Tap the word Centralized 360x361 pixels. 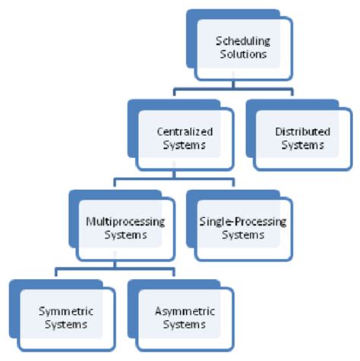pos(183,131)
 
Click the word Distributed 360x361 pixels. pos(302,131)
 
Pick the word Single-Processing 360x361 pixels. pos(242,221)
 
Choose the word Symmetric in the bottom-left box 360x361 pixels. pos(63,312)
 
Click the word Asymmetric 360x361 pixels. pos(183,312)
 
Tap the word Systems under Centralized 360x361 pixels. pos(183,144)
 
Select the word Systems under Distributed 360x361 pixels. pos(302,144)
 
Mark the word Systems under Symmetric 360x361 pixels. pos(63,325)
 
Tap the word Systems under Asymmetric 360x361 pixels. pos(183,325)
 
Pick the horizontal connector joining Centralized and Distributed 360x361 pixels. pos(228,90)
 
